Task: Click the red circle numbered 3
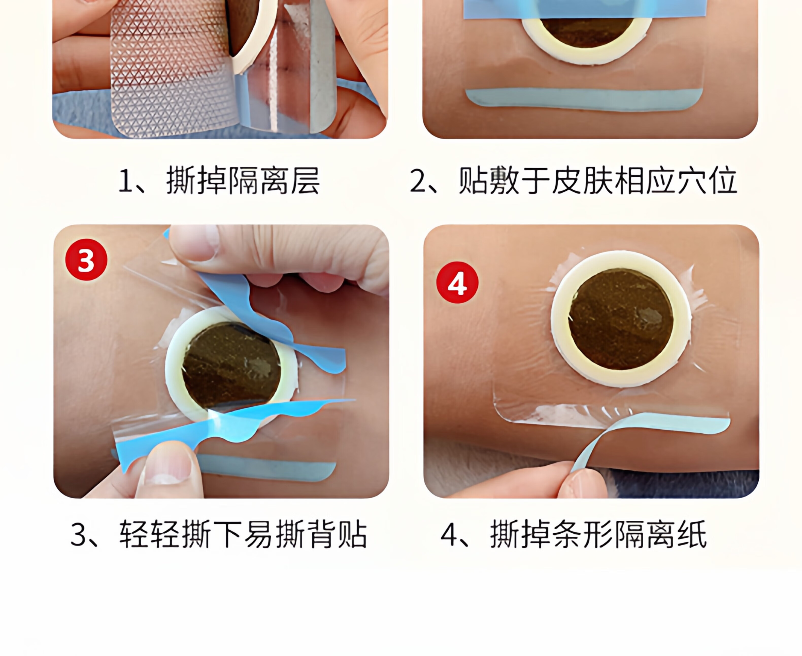pos(86,260)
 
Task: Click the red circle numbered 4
pos(457,283)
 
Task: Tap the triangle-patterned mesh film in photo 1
pos(172,72)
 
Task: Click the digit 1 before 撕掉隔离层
pos(125,181)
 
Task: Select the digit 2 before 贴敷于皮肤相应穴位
pos(418,181)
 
